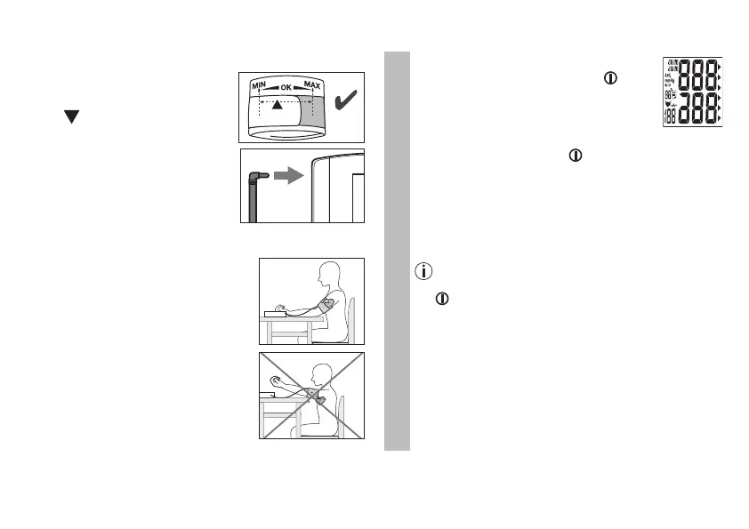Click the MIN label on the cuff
[260, 85]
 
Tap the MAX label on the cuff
[311, 85]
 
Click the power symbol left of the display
[610, 78]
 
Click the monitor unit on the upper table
[272, 312]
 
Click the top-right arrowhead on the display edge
[719, 67]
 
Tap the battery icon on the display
[669, 85]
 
